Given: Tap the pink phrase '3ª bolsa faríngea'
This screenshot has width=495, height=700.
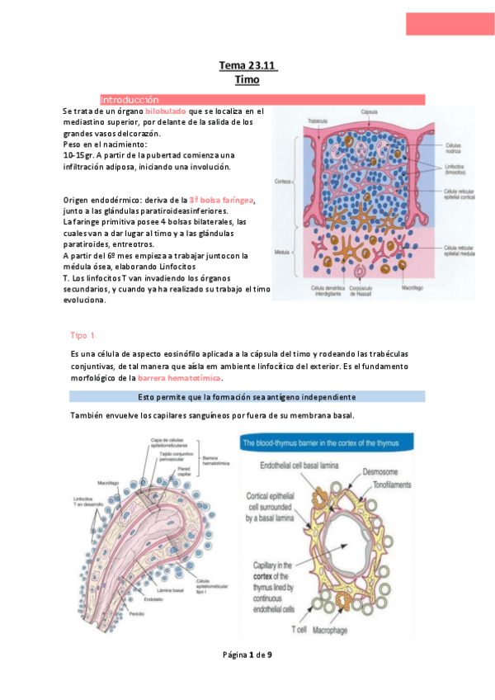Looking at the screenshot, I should pyautogui.click(x=222, y=201).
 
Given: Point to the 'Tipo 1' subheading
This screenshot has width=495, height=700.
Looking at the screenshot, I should pyautogui.click(x=84, y=335).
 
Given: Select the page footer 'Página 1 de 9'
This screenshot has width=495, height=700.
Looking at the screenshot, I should pyautogui.click(x=247, y=655).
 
